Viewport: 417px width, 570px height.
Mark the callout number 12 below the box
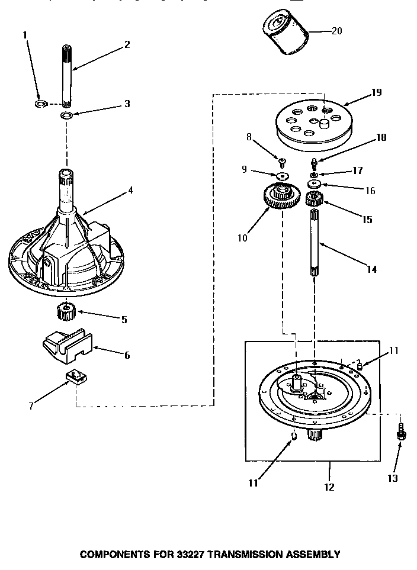click(x=329, y=487)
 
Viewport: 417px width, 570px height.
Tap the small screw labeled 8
click(x=283, y=160)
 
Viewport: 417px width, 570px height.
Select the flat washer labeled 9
click(x=283, y=176)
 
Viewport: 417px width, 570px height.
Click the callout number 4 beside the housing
click(x=131, y=190)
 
